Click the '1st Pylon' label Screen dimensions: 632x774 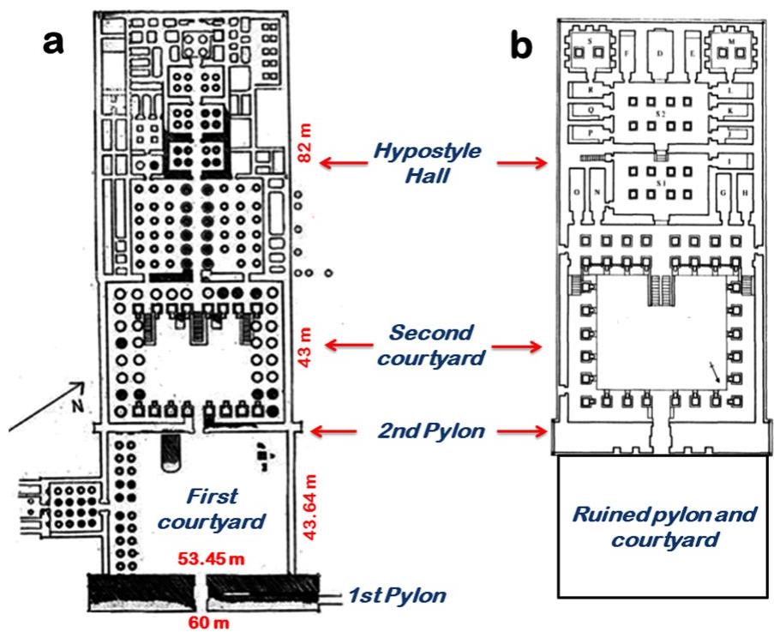398,593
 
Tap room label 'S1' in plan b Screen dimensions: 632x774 659,182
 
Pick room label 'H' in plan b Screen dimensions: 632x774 745,194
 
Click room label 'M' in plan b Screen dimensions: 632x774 731,39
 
